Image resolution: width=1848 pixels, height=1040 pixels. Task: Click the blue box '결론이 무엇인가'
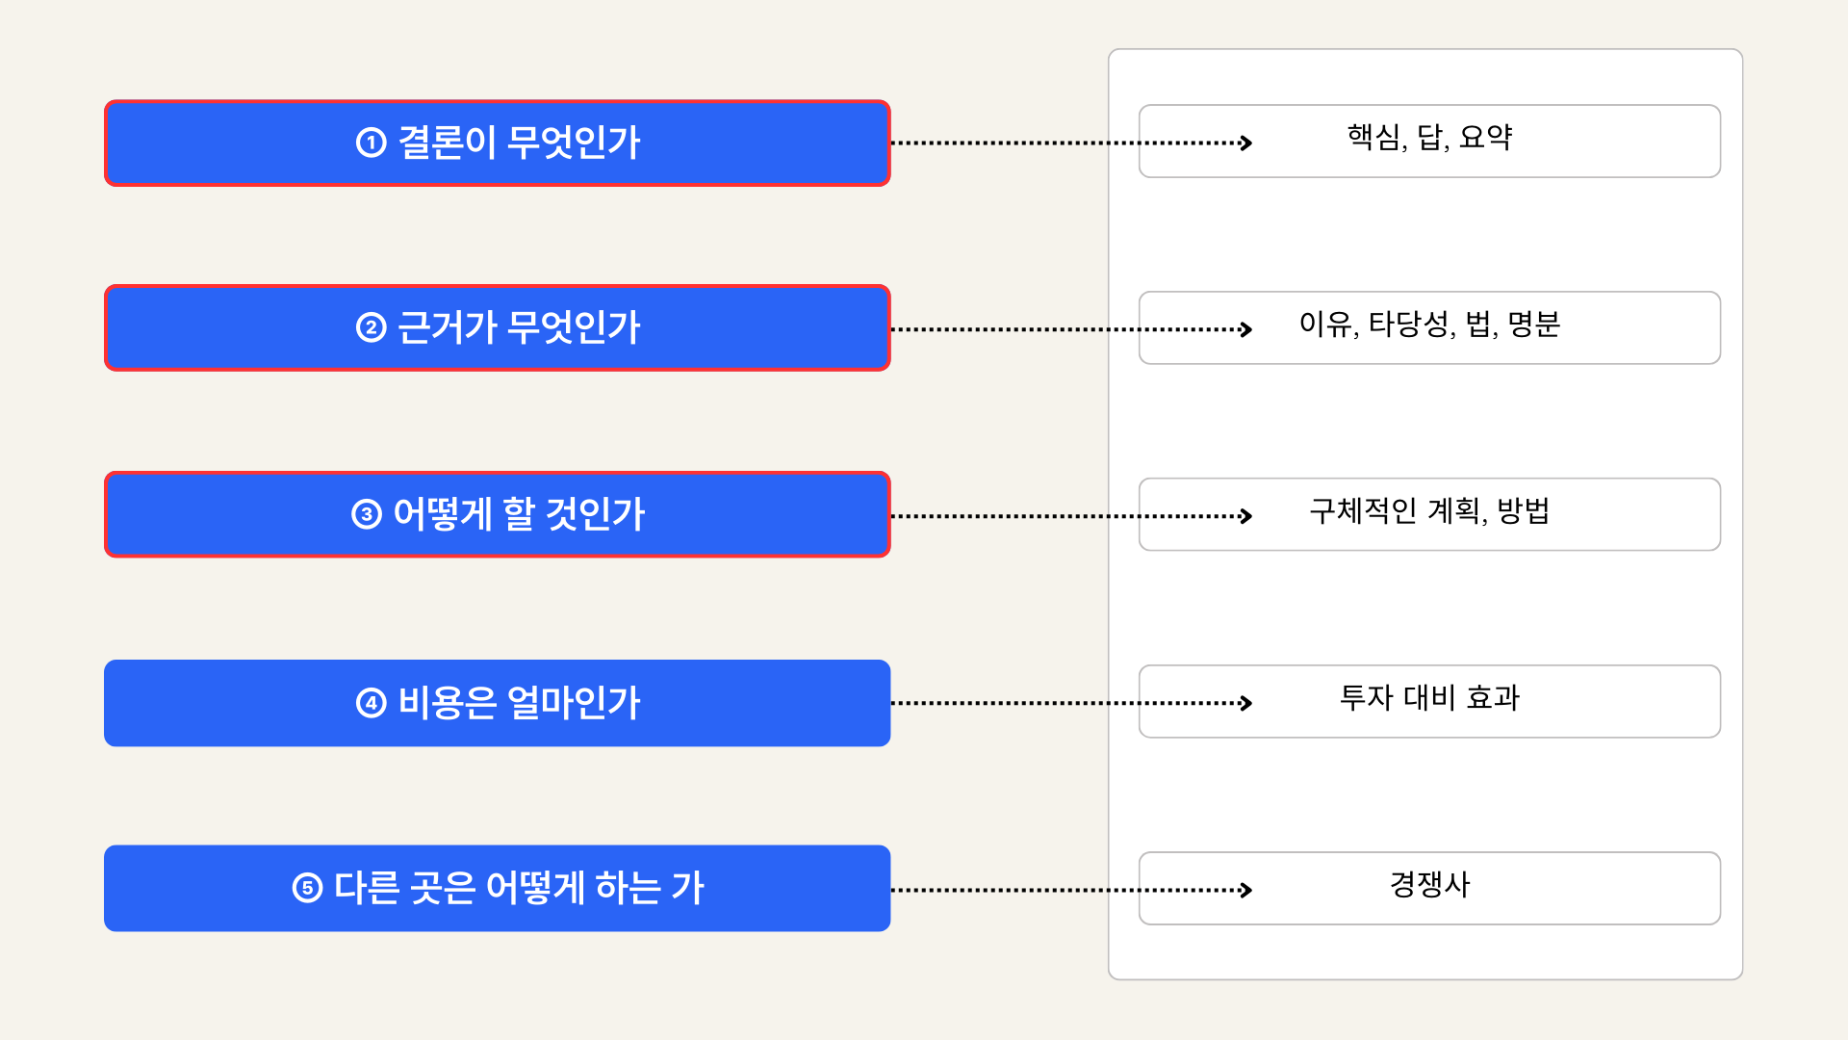(497, 143)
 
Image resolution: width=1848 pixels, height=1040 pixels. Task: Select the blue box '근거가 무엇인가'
(497, 327)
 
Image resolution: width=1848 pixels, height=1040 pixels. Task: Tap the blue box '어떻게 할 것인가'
(497, 514)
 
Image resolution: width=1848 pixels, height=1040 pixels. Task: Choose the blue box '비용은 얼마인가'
(497, 703)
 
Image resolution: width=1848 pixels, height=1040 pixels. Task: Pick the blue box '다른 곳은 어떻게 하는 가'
(497, 888)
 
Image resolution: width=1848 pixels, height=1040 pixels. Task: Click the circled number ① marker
(371, 143)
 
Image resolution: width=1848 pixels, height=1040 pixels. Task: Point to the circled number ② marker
(371, 327)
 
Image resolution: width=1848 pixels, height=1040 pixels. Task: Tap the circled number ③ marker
(367, 514)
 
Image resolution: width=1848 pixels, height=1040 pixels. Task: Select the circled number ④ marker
(371, 703)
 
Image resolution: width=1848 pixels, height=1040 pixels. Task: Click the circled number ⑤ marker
(307, 888)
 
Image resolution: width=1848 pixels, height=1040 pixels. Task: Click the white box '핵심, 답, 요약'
(1429, 141)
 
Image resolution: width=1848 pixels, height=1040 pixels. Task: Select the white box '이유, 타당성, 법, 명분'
(1429, 327)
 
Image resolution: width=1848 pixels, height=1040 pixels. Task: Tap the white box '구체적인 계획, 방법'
(1429, 514)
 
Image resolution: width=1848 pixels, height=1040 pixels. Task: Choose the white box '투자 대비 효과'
(1429, 701)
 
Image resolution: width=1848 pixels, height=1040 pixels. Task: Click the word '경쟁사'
(1429, 884)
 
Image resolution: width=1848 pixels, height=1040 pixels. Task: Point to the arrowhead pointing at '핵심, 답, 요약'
(1246, 143)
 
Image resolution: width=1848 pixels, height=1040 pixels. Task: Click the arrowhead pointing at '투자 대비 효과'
(1246, 703)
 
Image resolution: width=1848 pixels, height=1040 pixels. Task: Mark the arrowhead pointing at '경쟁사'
(1246, 890)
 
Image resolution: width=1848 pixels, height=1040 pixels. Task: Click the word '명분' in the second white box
(1533, 324)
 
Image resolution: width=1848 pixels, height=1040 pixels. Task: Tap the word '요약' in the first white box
(1485, 137)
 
